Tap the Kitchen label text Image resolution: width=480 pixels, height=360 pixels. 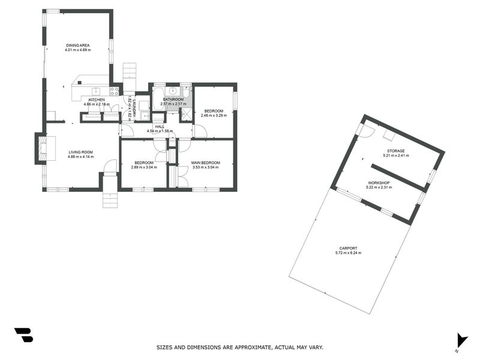[x=97, y=100]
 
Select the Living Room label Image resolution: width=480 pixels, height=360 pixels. [x=80, y=152]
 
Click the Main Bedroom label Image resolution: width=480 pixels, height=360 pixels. [x=205, y=163]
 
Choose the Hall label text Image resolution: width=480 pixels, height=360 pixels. [x=160, y=127]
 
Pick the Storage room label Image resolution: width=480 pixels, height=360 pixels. [x=395, y=151]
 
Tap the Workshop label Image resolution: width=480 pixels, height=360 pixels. [x=379, y=182]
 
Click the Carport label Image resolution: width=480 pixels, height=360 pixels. [x=348, y=248]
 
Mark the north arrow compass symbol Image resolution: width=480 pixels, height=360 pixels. [x=461, y=340]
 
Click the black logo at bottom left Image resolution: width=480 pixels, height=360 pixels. [x=23, y=335]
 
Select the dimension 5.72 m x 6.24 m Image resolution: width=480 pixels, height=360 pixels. [x=348, y=253]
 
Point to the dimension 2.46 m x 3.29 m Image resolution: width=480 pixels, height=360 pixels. [x=214, y=115]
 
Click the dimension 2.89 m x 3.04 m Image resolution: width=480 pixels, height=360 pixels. [x=143, y=167]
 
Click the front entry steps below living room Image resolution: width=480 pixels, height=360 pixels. [x=110, y=193]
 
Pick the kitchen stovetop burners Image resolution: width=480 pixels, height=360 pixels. [x=113, y=92]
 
